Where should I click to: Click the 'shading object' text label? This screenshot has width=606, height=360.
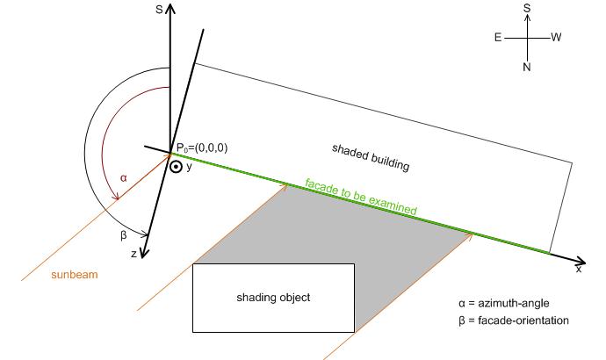coord(273,298)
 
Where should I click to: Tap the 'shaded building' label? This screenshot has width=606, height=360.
coord(371,157)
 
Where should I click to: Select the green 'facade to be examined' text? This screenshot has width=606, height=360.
coord(361,196)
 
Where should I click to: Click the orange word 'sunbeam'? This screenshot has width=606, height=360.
coord(75,275)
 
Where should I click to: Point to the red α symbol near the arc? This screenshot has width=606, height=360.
coord(123,178)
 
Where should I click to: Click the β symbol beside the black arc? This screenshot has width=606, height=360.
coord(124,234)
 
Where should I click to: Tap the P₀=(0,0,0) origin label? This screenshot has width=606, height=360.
coord(202,148)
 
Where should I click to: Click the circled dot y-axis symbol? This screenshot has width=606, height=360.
coord(176,167)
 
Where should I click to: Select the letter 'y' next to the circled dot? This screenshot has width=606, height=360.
coord(189,167)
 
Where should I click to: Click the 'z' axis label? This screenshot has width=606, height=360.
coord(133,254)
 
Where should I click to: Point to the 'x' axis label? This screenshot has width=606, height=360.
coord(579,270)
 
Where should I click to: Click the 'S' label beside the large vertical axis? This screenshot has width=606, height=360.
coord(159,10)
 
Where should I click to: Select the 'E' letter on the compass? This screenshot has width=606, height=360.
coord(498,38)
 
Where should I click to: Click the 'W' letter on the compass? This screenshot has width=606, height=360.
coord(556,38)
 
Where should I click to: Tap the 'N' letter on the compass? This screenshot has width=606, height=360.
coord(527,67)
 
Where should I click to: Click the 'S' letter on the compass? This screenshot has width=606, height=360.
coord(527,8)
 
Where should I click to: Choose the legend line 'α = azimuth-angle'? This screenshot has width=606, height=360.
coord(504,303)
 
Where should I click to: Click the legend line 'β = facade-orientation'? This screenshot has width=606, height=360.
coord(514,320)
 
